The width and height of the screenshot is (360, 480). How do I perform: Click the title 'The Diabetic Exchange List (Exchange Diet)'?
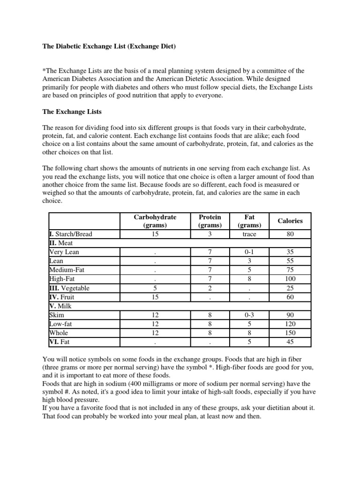point(109,47)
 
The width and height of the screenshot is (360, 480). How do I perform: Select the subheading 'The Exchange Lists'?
point(72,112)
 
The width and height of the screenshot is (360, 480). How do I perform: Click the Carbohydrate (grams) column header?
point(155,221)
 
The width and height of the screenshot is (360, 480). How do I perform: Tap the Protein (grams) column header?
point(210,221)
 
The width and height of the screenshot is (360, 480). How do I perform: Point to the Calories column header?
point(290,221)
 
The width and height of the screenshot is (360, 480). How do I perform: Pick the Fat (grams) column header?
point(249,221)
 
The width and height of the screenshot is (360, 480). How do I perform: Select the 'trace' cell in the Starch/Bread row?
point(249,234)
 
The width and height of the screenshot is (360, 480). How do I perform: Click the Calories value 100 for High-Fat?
point(290,279)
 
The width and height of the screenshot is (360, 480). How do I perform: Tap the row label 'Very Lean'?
point(64,252)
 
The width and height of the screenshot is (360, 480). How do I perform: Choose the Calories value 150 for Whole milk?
point(290,333)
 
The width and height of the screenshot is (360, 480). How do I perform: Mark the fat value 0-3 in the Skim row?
point(249,315)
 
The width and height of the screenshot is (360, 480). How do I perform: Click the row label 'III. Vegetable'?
point(69,288)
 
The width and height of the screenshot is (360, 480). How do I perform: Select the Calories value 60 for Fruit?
point(290,297)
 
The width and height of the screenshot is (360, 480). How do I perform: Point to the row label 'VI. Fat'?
point(60,342)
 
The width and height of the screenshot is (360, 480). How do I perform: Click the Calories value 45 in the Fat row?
point(290,342)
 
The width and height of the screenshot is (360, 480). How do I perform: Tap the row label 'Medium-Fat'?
point(67,270)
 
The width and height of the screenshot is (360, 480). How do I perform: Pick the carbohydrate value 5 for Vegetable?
point(155,288)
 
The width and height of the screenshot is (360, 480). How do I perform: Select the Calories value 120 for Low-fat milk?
point(290,324)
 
